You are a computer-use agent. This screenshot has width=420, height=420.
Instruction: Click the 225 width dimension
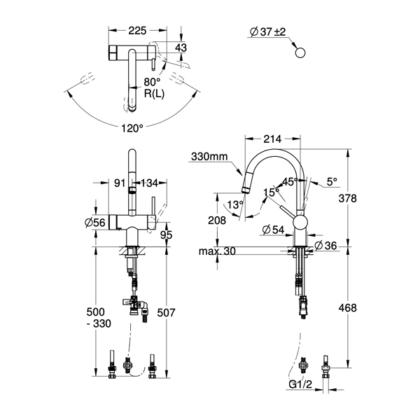[137, 31]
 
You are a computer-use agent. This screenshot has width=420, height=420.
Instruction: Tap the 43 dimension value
[181, 48]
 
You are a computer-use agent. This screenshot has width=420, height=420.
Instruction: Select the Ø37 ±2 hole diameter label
[268, 32]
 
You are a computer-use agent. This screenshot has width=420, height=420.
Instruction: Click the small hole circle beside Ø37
[300, 52]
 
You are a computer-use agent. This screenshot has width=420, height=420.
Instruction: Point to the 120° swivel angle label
[132, 128]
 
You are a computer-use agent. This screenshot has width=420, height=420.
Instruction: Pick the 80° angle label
[152, 82]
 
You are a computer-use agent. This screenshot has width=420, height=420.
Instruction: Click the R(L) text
[154, 94]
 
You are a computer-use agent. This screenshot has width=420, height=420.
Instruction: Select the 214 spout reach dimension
[273, 139]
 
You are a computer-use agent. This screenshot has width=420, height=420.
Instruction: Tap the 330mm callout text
[209, 156]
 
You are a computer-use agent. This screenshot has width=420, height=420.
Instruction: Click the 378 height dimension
[348, 199]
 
